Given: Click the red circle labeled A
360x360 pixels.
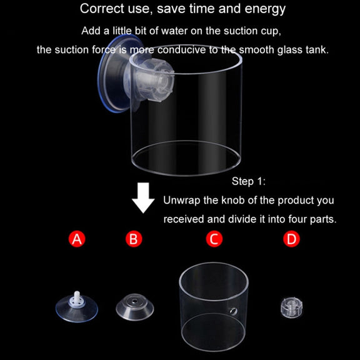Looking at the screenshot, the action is pyautogui.click(x=77, y=239).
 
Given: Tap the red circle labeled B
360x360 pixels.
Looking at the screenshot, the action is pyautogui.click(x=134, y=239).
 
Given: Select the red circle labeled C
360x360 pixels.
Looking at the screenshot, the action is pyautogui.click(x=214, y=239).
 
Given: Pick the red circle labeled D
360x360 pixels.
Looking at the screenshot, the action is pyautogui.click(x=291, y=239).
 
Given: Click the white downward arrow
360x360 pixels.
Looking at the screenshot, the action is pyautogui.click(x=143, y=198).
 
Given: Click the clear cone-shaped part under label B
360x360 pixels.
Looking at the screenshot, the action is pyautogui.click(x=135, y=307).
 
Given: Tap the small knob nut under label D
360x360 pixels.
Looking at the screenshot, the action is pyautogui.click(x=292, y=308).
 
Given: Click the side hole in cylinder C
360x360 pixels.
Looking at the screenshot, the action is pyautogui.click(x=234, y=311).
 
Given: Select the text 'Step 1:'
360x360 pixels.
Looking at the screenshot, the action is pyautogui.click(x=248, y=181).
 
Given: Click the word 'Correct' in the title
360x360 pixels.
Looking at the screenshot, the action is pyautogui.click(x=101, y=9).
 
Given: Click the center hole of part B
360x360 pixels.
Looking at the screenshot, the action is pyautogui.click(x=134, y=301).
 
